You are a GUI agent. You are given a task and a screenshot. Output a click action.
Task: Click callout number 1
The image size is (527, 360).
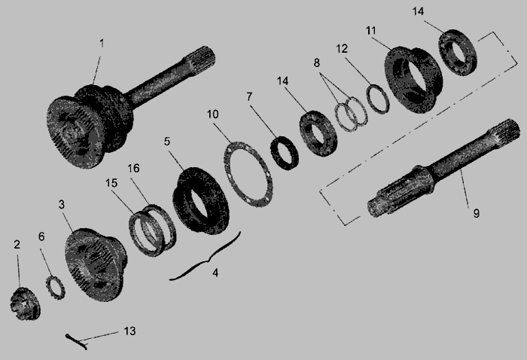point(102,44)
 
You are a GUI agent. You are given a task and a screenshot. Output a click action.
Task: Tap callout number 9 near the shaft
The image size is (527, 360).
point(477,213)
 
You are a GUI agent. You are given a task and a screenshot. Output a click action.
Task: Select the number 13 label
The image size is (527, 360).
point(129,331)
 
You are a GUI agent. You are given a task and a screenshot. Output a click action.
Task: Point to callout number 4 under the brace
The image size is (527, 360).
point(215,273)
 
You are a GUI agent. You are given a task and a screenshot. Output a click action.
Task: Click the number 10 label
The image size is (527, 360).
point(213,114)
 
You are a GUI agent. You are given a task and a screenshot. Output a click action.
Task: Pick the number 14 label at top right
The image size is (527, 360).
point(418,11)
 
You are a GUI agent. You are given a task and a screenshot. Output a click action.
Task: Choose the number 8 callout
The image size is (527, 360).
point(317,63)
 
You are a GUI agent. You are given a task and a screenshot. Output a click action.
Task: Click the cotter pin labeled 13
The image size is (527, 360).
point(77,342)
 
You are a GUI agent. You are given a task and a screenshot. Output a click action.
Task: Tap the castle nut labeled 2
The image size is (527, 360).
point(25,304)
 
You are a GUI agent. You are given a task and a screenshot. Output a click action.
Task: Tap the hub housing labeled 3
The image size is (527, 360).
point(96,265)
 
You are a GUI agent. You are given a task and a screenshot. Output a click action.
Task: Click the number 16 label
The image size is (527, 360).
point(133,168)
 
